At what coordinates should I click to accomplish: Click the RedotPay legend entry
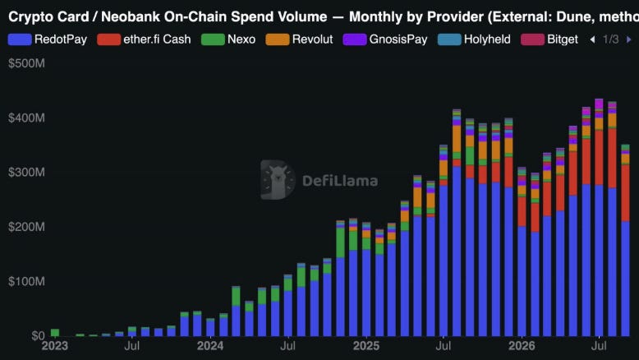pyautogui.click(x=48, y=39)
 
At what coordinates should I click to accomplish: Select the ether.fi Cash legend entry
pyautogui.click(x=144, y=39)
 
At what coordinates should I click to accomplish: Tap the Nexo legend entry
pyautogui.click(x=228, y=39)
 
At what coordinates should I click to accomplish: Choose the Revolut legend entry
pyautogui.click(x=299, y=39)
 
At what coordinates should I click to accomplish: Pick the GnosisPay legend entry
pyautogui.click(x=385, y=39)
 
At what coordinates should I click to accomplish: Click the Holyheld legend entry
pyautogui.click(x=474, y=39)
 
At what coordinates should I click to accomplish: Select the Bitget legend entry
pyautogui.click(x=549, y=39)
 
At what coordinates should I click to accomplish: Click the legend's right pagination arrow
pyautogui.click(x=629, y=39)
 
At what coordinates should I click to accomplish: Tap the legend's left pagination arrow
pyautogui.click(x=592, y=39)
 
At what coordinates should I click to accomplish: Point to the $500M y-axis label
pyautogui.click(x=26, y=63)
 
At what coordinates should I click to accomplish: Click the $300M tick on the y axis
pyautogui.click(x=26, y=172)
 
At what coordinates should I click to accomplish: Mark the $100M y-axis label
pyautogui.click(x=26, y=281)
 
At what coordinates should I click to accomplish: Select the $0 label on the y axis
pyautogui.click(x=38, y=335)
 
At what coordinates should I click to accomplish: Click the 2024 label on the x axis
pyautogui.click(x=210, y=346)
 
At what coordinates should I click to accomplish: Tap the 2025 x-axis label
pyautogui.click(x=366, y=346)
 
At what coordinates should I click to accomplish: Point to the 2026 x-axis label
pyautogui.click(x=522, y=346)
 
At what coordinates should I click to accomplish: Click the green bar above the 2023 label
pyautogui.click(x=54, y=333)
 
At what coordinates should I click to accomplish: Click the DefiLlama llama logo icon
pyautogui.click(x=278, y=180)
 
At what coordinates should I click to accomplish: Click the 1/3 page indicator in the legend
pyautogui.click(x=610, y=39)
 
